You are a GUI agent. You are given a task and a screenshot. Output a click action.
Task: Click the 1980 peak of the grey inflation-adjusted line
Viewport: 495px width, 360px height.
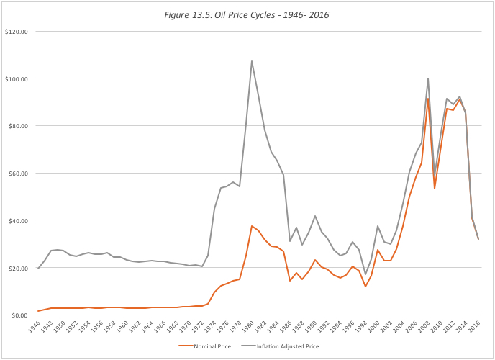(252, 61)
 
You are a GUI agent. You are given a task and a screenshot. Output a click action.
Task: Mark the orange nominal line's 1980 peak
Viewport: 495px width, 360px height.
(252, 226)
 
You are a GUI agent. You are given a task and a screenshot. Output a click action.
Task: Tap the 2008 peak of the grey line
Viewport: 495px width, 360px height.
(428, 78)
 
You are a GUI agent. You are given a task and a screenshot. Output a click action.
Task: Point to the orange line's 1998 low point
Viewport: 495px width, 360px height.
(365, 287)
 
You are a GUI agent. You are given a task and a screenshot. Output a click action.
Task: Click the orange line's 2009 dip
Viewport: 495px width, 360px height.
(435, 189)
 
